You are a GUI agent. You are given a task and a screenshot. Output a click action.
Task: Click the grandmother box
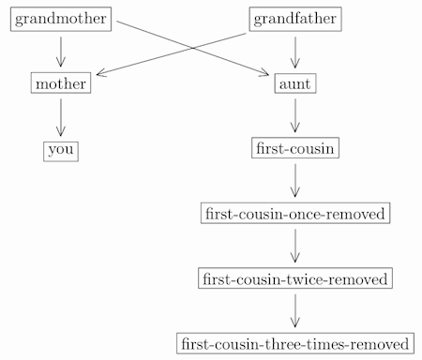point(61,19)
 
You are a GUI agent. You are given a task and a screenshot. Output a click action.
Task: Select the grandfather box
point(295,19)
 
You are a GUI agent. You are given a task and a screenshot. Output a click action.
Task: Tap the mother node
point(61,84)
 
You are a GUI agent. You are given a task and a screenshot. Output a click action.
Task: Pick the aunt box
point(295,84)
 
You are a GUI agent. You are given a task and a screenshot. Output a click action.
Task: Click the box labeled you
point(61,150)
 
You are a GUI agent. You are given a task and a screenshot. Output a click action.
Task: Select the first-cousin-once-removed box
point(295,214)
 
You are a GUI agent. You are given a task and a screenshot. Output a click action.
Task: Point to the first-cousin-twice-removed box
point(295,278)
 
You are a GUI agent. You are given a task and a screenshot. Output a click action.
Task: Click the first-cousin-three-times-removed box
point(295,344)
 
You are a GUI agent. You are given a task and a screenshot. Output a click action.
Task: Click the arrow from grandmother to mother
point(61,51)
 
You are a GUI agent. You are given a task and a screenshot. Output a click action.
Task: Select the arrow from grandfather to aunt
point(295,51)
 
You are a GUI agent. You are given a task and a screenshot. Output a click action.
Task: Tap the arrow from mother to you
point(61,116)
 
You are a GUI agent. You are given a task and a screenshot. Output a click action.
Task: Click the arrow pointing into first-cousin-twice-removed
point(295,246)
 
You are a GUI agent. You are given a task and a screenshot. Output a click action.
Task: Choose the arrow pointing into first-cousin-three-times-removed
point(295,310)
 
